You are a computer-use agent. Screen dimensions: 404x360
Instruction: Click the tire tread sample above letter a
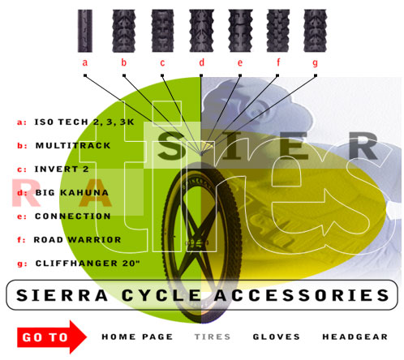[x=85, y=31]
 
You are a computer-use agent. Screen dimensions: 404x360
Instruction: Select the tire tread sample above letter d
[x=201, y=31]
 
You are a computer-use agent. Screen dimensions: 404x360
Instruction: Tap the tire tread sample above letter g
[x=315, y=31]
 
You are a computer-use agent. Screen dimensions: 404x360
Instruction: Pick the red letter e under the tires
[x=240, y=62]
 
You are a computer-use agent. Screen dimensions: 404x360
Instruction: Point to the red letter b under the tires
[x=124, y=62]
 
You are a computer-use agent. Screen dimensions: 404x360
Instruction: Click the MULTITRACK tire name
[x=73, y=146]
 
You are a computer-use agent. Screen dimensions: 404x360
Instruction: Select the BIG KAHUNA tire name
[x=72, y=193]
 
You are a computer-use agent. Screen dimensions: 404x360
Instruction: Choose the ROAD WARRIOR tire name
[x=77, y=240]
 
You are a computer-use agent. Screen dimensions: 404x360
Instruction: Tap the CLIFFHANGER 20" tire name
[x=88, y=263]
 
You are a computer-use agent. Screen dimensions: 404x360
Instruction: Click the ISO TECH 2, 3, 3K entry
[x=84, y=122]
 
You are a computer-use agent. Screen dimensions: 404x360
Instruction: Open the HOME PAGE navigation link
[x=137, y=336]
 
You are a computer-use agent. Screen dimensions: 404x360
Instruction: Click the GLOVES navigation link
[x=276, y=336]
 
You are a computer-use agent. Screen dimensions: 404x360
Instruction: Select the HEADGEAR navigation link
[x=355, y=336]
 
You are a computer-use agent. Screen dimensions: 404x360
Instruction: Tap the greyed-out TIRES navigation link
[x=213, y=336]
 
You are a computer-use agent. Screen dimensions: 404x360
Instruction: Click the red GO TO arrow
[x=51, y=337]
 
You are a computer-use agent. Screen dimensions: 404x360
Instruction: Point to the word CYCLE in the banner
[x=161, y=295]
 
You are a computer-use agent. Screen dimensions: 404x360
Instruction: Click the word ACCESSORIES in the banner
[x=302, y=295]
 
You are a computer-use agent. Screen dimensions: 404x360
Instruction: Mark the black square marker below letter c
[x=162, y=75]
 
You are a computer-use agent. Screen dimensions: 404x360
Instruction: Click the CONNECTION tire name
[x=73, y=216]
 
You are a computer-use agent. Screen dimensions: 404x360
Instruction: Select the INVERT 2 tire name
[x=62, y=169]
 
